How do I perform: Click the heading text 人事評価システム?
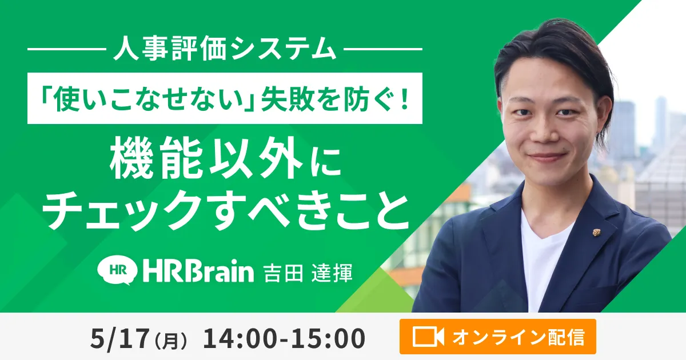(x=225, y=49)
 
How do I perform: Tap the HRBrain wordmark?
(x=198, y=270)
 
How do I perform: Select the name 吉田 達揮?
(x=308, y=272)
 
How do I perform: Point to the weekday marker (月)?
(x=170, y=341)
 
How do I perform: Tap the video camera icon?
(x=428, y=337)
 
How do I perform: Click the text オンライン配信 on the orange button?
(x=519, y=337)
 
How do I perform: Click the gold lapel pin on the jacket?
(x=596, y=233)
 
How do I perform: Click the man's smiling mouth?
(x=547, y=157)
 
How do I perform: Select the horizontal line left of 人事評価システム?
(x=67, y=49)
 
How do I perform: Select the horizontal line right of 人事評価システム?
(x=383, y=49)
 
